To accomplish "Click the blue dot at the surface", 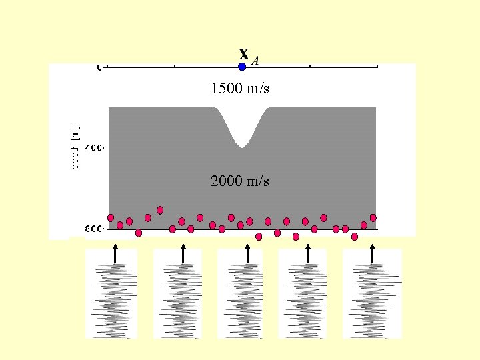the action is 242,67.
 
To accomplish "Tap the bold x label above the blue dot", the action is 244,53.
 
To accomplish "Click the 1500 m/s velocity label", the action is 240,88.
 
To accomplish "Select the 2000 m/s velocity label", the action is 240,181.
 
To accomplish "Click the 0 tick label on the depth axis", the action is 99,67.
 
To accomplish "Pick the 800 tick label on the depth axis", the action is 94,229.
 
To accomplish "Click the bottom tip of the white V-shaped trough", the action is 242,146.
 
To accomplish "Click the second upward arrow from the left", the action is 183,253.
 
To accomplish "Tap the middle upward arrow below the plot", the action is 247,253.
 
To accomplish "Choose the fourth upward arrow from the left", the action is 307,253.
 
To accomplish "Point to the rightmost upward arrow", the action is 372,253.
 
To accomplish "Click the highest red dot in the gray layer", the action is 160,210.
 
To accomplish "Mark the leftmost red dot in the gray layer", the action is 111,218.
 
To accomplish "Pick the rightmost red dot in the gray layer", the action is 373,218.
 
